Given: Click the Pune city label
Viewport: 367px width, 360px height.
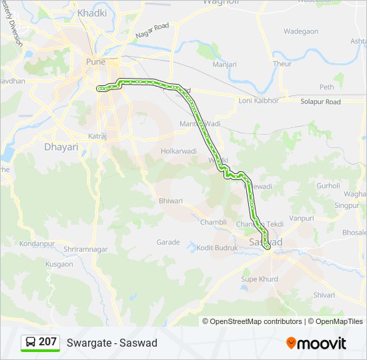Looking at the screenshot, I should [x=95, y=62].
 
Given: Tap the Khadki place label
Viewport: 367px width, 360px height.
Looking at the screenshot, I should [x=92, y=13].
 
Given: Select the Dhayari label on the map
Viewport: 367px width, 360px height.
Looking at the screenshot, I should [x=61, y=147].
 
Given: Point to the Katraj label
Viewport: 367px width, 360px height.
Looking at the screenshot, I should [x=97, y=136].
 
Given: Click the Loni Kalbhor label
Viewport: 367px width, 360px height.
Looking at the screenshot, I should [x=257, y=101].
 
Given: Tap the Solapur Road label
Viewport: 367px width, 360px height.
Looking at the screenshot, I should [x=320, y=101].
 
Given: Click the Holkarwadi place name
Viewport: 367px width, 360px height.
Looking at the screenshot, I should [x=179, y=151].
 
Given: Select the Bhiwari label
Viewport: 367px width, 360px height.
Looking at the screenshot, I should [x=170, y=200].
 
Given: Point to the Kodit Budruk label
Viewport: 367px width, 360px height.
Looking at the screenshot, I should [x=218, y=248].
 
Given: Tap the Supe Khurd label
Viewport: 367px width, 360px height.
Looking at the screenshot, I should [x=260, y=279].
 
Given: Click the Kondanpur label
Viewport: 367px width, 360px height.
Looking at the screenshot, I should [x=37, y=244].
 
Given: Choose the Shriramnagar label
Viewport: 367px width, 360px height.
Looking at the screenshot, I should [x=85, y=249].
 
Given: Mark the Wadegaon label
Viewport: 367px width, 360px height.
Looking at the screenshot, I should [x=301, y=31].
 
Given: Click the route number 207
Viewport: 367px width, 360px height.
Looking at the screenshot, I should [x=47, y=342].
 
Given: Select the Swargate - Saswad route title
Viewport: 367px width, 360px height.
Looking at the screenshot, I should [x=111, y=343].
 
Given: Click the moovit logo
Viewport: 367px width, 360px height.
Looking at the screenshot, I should [x=316, y=343].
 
